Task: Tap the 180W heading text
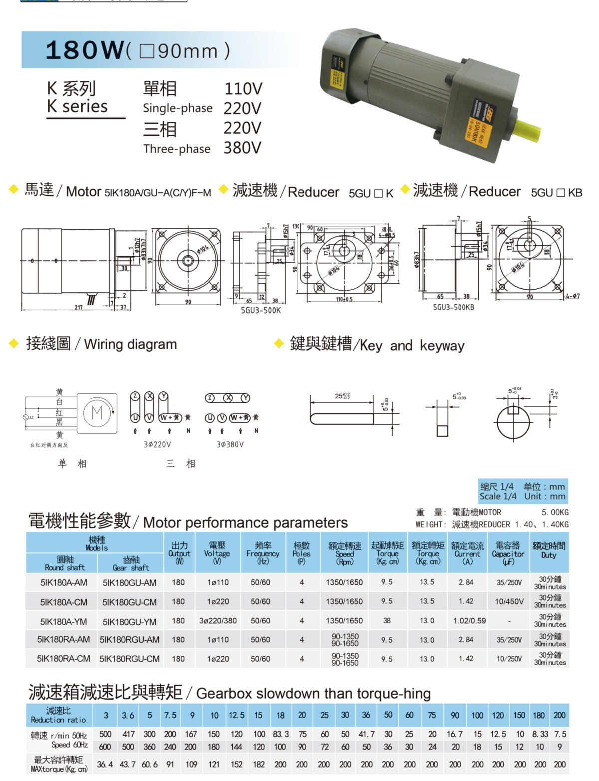click(x=84, y=50)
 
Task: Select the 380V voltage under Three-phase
click(x=242, y=148)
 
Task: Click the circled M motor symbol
click(x=97, y=413)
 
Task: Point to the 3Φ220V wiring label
click(x=157, y=444)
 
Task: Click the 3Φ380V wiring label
click(x=230, y=444)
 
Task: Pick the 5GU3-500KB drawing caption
click(x=453, y=307)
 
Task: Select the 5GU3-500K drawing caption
click(x=261, y=310)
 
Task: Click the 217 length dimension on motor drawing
click(x=79, y=307)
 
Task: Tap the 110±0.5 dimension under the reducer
click(x=344, y=300)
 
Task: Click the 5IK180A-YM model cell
click(x=64, y=622)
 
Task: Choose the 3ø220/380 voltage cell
click(x=218, y=621)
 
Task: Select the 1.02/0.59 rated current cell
click(x=469, y=621)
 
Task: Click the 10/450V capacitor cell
click(x=509, y=602)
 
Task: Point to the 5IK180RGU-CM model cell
click(x=130, y=659)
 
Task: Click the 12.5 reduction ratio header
click(x=236, y=715)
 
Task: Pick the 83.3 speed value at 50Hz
click(x=281, y=734)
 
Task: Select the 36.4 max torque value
click(x=105, y=764)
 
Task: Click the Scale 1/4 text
click(x=498, y=496)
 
